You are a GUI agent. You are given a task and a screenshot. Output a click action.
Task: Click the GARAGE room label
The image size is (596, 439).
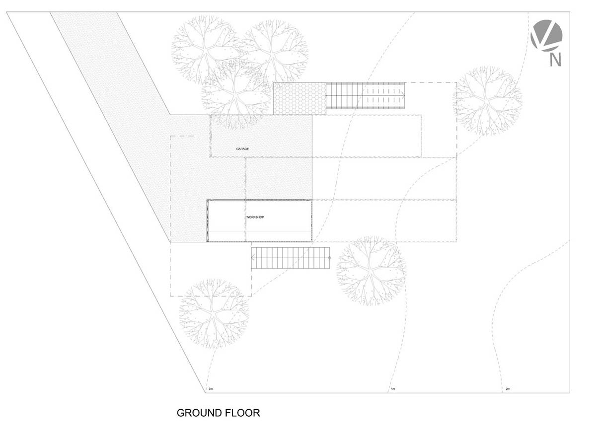point(242,149)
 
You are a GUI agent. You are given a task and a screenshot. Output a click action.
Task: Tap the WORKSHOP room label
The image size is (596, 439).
point(255,218)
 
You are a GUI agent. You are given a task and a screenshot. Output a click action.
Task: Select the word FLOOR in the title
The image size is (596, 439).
point(243,413)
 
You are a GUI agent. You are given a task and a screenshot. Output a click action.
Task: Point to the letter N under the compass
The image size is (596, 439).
point(555,60)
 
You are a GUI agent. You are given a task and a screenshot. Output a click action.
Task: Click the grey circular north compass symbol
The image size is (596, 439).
point(546,35)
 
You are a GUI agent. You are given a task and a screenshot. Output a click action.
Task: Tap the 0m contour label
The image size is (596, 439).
point(211,389)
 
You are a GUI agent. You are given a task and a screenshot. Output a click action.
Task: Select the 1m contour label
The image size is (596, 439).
point(393,389)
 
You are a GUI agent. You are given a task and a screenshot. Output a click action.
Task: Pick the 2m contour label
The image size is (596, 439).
point(508,389)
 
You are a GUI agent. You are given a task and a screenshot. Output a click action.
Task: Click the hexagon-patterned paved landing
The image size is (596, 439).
point(300,99)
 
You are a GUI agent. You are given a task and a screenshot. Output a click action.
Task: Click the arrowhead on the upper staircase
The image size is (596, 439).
point(404,95)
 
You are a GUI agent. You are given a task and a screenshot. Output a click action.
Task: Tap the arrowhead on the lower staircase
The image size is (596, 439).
point(253,258)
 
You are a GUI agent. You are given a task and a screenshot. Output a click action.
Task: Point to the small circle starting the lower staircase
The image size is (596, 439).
point(330,258)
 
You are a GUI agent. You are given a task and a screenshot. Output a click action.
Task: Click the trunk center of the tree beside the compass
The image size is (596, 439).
point(487,101)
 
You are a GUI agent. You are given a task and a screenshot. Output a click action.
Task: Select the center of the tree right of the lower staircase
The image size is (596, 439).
point(371,271)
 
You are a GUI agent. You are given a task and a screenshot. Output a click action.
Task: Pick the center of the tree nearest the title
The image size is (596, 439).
point(214,313)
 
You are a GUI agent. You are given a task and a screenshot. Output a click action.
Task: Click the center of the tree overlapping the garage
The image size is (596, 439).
point(236,95)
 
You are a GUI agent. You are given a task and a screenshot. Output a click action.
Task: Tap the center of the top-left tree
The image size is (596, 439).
point(206,50)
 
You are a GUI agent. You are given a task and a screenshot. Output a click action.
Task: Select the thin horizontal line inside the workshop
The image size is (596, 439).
point(260,231)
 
